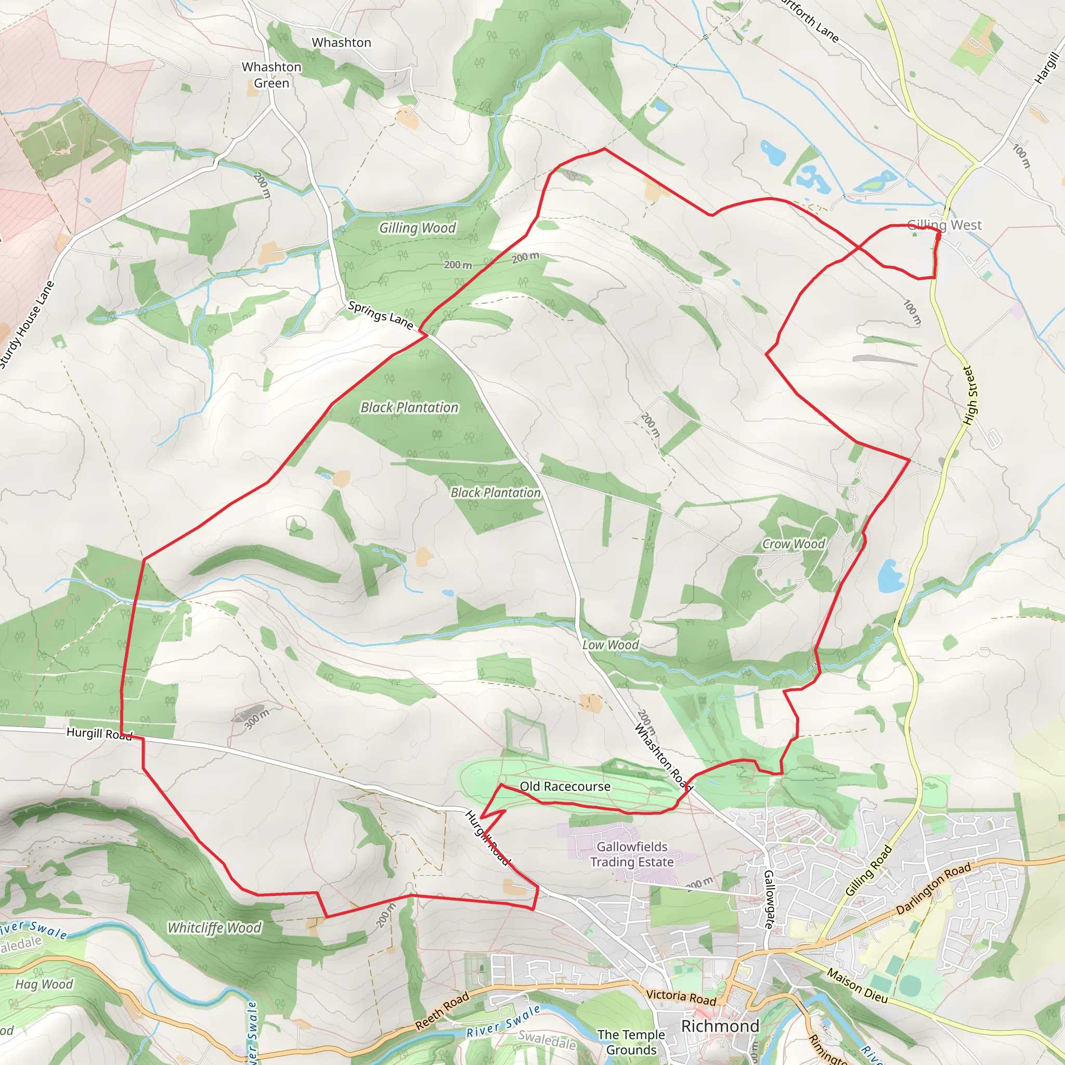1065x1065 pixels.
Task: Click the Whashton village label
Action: coord(341,43)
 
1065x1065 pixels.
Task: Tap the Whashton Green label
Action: coord(271,75)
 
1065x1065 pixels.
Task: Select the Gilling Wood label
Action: coord(417,228)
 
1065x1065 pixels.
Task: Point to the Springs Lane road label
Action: coord(380,315)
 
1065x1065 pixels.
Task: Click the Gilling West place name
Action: coord(944,225)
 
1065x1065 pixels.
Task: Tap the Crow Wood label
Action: coord(793,544)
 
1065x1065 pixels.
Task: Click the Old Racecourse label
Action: coord(565,787)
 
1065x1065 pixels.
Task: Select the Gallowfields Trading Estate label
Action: coord(632,854)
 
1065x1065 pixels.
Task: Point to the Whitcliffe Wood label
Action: coord(214,928)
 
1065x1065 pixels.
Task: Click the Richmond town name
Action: coord(720,1027)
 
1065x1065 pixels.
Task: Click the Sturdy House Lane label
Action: coord(27,324)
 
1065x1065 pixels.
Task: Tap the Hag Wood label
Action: coord(44,984)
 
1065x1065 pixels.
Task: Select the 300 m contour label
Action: coord(257,719)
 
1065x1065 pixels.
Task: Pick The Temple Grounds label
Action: coord(631,1043)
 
